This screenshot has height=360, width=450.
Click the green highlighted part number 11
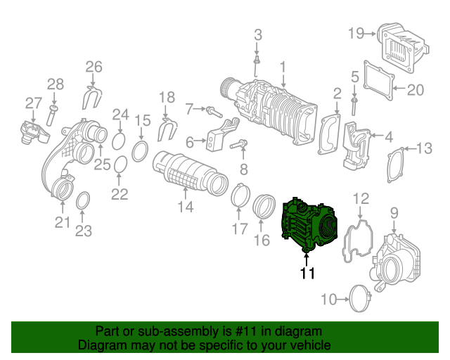[309, 224]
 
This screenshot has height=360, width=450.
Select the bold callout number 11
[307, 273]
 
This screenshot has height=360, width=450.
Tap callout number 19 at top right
[355, 32]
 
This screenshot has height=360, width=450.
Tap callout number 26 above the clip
[94, 67]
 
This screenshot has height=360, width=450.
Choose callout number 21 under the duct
[63, 223]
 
